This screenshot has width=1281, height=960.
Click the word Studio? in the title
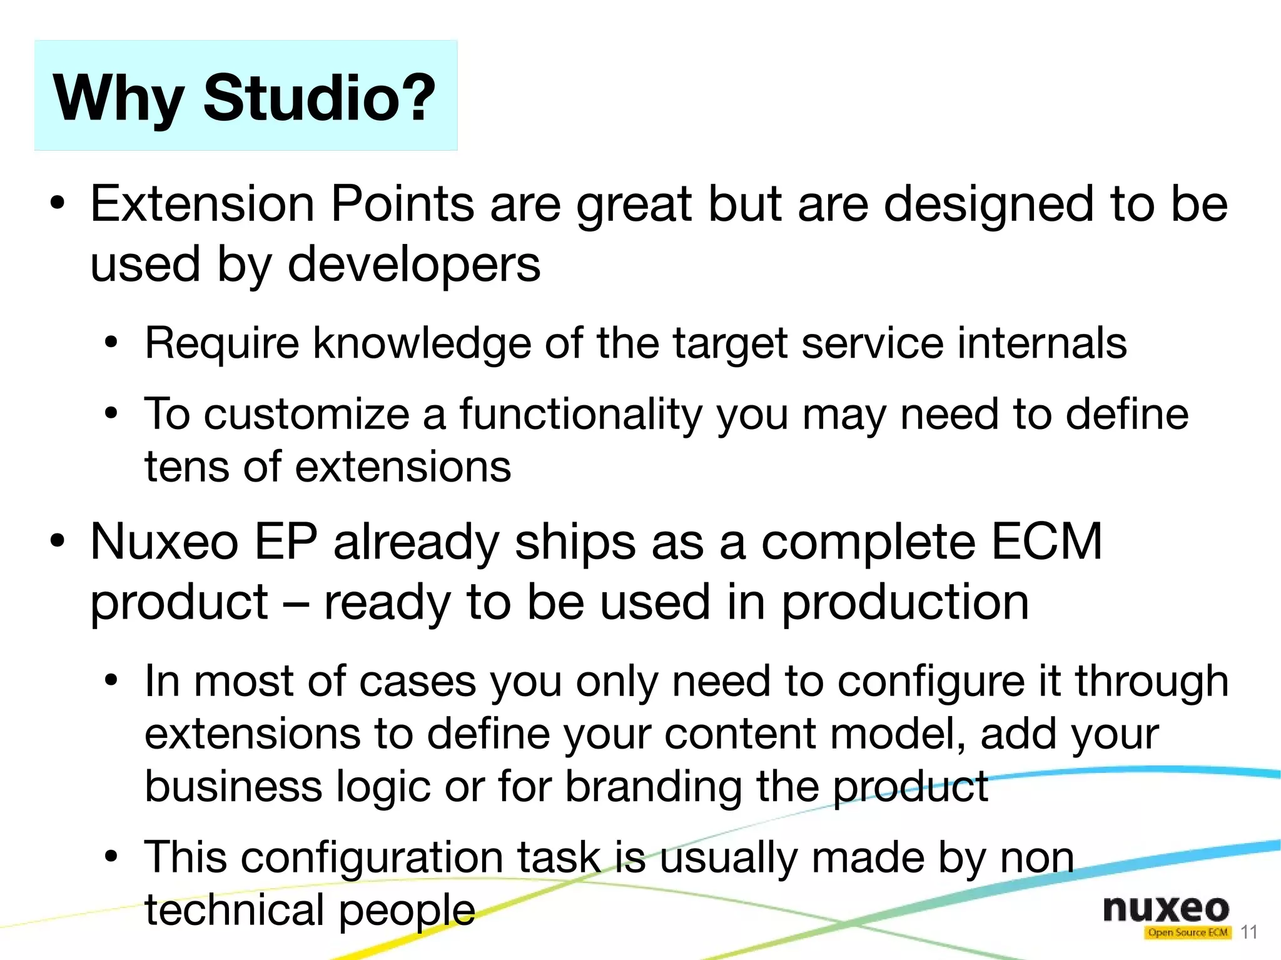[x=319, y=98]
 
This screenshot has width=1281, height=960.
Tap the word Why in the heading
[x=118, y=99]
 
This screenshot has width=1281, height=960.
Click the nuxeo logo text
[x=1166, y=908]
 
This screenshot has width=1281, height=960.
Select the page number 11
[x=1248, y=932]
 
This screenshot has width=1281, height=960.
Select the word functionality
[x=580, y=415]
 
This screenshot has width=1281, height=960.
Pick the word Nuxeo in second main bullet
[x=164, y=542]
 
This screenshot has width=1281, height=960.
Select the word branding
[x=653, y=787]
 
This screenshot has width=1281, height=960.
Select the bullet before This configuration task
[x=111, y=856]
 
